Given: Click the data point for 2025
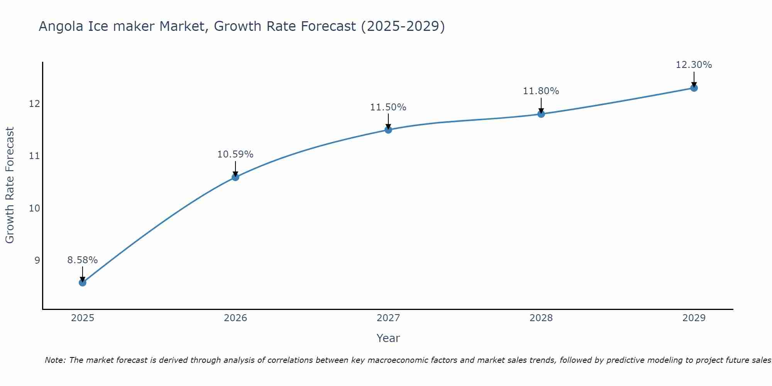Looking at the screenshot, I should tap(83, 283).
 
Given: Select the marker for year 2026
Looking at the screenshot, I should tap(235, 177).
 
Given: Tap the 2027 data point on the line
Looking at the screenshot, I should tap(388, 130).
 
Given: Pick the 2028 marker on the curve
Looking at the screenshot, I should tap(541, 114).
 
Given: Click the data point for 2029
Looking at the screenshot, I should tap(694, 88).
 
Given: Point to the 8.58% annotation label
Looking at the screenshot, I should tap(83, 260).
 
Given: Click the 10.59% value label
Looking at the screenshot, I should tap(235, 154).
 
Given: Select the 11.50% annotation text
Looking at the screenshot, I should tap(388, 107).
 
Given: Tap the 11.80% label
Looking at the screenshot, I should tap(541, 91).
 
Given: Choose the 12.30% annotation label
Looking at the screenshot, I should tap(694, 65).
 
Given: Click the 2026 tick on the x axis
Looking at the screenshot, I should tap(235, 318).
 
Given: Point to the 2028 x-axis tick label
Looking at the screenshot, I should tap(541, 318).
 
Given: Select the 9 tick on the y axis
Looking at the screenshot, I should tap(37, 261).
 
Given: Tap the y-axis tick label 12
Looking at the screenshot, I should tap(35, 104).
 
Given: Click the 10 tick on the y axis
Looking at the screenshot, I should tap(35, 208).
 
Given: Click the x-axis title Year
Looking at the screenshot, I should tap(388, 338).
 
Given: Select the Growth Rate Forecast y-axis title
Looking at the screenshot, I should tap(10, 185).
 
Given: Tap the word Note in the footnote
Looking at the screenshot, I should tap(55, 360).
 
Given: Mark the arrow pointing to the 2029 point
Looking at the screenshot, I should tap(694, 79).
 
